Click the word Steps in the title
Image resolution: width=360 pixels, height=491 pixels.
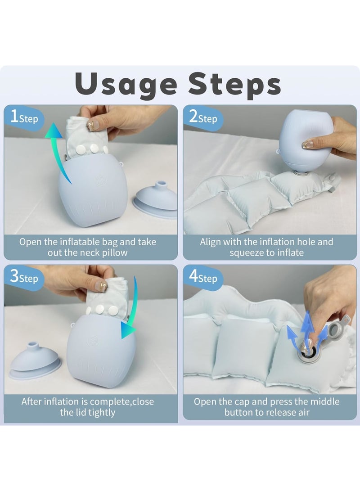pyautogui.click(x=234, y=85)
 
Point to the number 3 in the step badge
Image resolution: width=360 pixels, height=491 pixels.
pyautogui.click(x=14, y=276)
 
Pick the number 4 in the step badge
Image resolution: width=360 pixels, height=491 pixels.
pyautogui.click(x=193, y=276)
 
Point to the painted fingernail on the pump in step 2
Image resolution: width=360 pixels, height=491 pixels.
pyautogui.click(x=308, y=144)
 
